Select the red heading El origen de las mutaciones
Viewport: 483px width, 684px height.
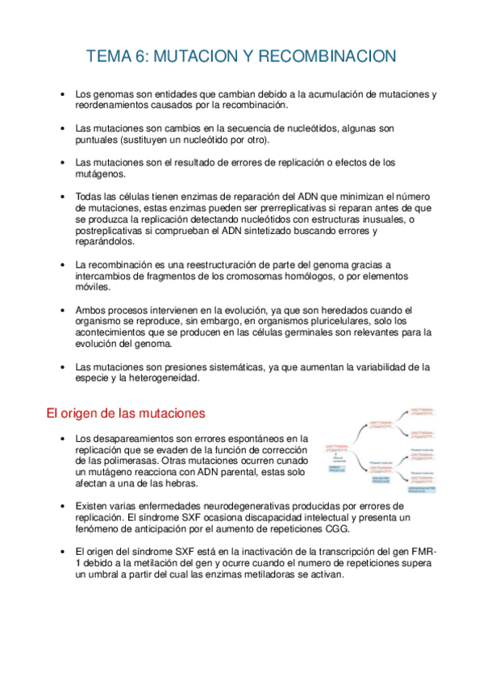coord(125,413)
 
